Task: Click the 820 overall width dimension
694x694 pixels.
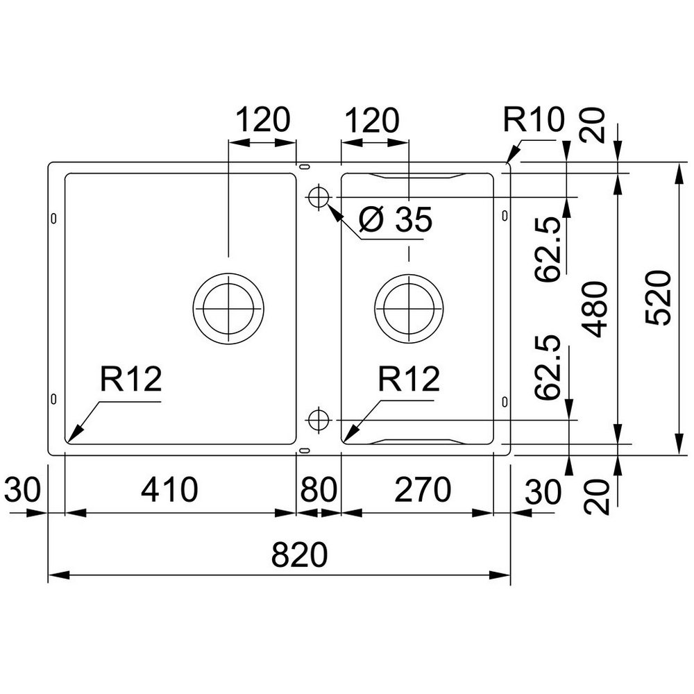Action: click(299, 555)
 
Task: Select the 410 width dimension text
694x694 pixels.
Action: click(169, 489)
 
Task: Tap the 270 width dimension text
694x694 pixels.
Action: click(422, 489)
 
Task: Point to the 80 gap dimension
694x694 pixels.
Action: click(319, 489)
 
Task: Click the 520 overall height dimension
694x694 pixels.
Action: click(659, 298)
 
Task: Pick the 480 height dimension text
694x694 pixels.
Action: click(595, 309)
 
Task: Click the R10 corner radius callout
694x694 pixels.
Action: click(534, 119)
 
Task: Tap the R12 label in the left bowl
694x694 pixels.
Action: click(131, 379)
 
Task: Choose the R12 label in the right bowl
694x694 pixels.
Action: click(409, 379)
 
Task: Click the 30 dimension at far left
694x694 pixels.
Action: click(22, 489)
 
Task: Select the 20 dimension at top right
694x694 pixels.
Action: click(595, 126)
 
